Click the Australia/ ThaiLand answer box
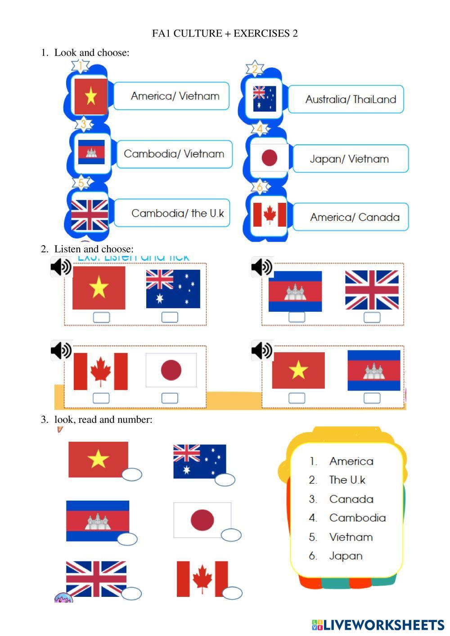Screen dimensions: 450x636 tap(346, 99)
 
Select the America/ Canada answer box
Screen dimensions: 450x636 tap(351, 217)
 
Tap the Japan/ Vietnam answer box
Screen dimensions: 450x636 tap(351, 159)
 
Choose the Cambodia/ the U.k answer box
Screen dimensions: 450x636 tap(172, 213)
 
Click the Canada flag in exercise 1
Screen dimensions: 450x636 tap(270, 215)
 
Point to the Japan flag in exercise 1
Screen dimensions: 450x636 tap(269, 158)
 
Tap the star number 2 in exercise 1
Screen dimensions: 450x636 tap(255, 69)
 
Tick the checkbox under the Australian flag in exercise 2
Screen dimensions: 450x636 tap(170, 317)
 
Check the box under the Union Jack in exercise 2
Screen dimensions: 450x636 tap(372, 317)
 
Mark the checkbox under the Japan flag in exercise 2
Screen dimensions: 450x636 tap(170, 398)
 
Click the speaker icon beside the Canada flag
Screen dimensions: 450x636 tap(61, 350)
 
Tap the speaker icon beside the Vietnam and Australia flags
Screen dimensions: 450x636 tap(61, 267)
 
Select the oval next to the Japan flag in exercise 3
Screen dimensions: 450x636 tap(231, 535)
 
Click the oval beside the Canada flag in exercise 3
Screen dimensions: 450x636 tap(232, 593)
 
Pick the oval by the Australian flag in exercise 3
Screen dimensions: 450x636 tap(225, 480)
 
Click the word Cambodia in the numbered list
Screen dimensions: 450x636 tap(357, 518)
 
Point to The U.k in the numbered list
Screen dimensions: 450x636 tap(347, 480)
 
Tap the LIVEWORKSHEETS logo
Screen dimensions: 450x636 tap(378, 625)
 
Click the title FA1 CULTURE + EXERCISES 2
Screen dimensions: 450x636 tap(225, 33)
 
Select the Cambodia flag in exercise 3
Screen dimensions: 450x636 tap(98, 520)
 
